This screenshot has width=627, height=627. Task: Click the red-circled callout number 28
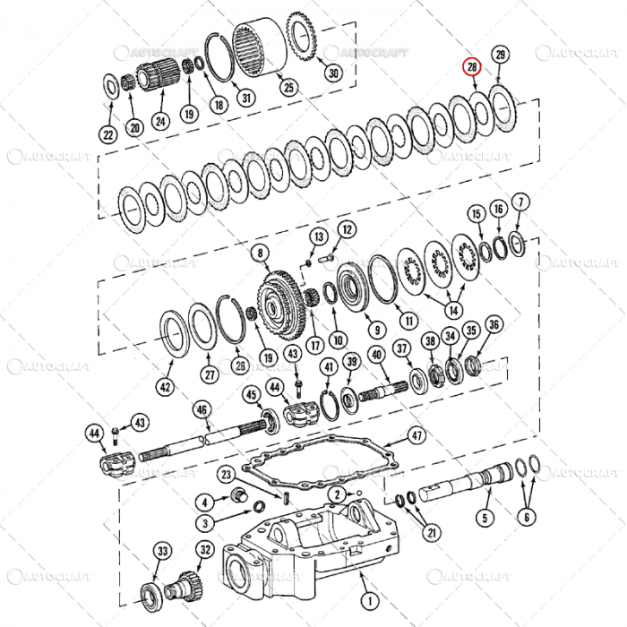pos(472,67)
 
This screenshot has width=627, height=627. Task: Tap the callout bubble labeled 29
pos(500,56)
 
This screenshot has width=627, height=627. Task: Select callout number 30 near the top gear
pos(333,73)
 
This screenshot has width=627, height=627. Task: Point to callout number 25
pos(288,88)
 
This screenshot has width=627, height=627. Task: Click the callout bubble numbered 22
pos(107,134)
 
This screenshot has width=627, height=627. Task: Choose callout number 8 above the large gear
pos(261,253)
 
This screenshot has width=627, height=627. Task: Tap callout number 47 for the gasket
pos(417,436)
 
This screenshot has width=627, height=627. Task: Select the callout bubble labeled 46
pos(202,410)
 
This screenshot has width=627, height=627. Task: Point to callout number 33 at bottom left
pos(162,550)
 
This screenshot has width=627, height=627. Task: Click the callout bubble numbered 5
pos(485,517)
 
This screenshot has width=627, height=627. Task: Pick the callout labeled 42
pos(164,387)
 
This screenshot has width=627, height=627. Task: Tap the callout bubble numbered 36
pos(494,323)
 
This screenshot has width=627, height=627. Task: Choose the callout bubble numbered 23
pos(225,474)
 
